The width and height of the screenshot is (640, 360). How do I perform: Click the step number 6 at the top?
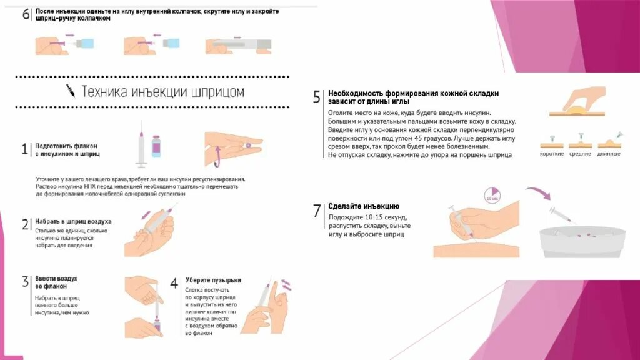26,15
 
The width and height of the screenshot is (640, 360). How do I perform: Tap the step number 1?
25,149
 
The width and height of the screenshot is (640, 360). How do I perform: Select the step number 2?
25,225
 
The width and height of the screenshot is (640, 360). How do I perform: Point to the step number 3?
25,281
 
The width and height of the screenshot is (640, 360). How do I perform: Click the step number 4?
174,283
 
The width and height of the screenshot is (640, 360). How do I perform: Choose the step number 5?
317,97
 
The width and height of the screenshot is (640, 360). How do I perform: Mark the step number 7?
317,211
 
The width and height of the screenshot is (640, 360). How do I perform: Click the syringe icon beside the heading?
71,91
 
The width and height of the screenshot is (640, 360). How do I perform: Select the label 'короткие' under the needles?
552,154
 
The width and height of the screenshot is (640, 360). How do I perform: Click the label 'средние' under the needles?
581,154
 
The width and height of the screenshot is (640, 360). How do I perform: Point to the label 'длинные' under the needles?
609,154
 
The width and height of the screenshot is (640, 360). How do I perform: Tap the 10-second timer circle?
492,196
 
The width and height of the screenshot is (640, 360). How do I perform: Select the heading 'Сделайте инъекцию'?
364,206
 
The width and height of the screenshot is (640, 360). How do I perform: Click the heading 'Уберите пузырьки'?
213,281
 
